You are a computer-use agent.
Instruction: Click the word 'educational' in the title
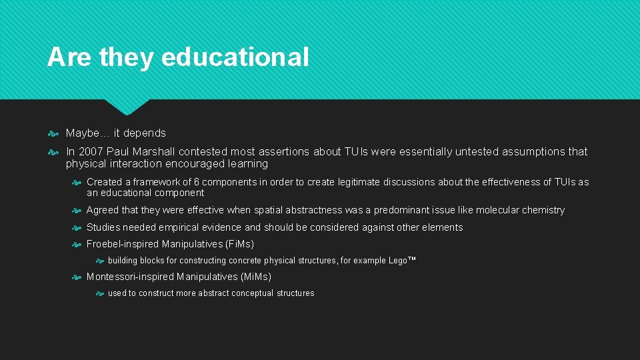(235, 57)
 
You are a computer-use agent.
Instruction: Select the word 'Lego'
(397, 261)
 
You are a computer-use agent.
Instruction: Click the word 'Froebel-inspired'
(123, 244)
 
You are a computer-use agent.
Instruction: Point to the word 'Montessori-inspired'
(131, 277)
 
